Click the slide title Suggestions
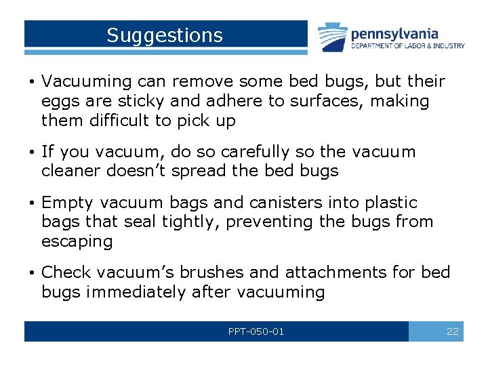(165, 35)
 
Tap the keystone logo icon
(332, 38)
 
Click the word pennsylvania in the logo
(394, 33)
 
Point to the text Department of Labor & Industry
(407, 46)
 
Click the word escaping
(77, 241)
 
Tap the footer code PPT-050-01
(256, 331)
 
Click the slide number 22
(452, 331)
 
